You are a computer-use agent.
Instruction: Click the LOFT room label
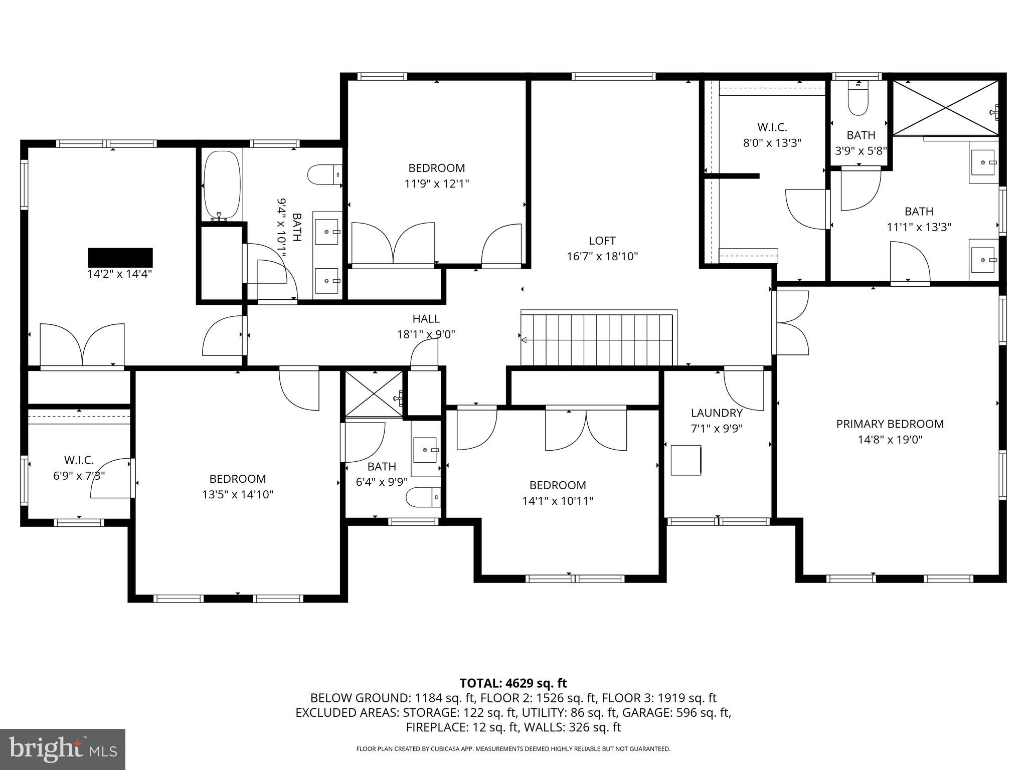602,241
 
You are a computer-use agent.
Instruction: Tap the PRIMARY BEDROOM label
890,424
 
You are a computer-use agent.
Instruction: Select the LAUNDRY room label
717,413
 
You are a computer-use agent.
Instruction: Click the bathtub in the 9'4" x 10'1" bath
222,185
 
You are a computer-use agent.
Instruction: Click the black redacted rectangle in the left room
120,257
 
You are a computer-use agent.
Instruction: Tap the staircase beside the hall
597,340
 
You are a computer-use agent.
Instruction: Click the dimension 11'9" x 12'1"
436,184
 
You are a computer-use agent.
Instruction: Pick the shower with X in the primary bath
946,107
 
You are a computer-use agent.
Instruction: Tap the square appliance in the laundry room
686,460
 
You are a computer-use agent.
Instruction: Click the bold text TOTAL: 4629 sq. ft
513,683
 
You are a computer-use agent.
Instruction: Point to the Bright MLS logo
63,749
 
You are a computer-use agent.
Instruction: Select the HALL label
426,319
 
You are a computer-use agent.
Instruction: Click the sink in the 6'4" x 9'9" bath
426,449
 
